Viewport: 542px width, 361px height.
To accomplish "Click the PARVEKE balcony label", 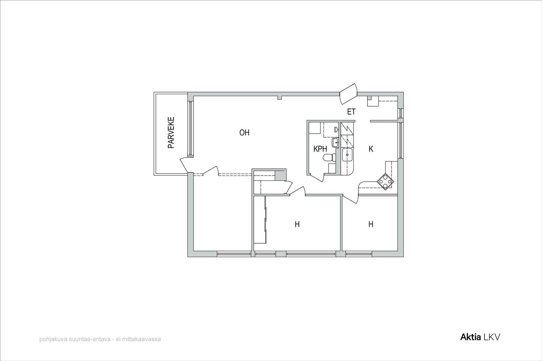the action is click(171, 132).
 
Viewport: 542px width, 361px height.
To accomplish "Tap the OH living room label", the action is click(244, 133).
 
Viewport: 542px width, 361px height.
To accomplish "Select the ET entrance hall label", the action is click(351, 112).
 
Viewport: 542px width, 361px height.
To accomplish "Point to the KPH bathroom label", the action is click(320, 149).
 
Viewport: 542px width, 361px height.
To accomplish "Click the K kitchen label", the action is click(371, 149).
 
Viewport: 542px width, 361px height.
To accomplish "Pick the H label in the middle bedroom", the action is click(297, 224).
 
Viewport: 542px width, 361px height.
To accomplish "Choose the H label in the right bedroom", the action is click(371, 224).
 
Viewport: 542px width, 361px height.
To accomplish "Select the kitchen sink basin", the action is click(348, 155).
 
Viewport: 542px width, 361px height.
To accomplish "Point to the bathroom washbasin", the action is click(335, 142).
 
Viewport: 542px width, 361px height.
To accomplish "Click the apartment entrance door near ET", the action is click(349, 94).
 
